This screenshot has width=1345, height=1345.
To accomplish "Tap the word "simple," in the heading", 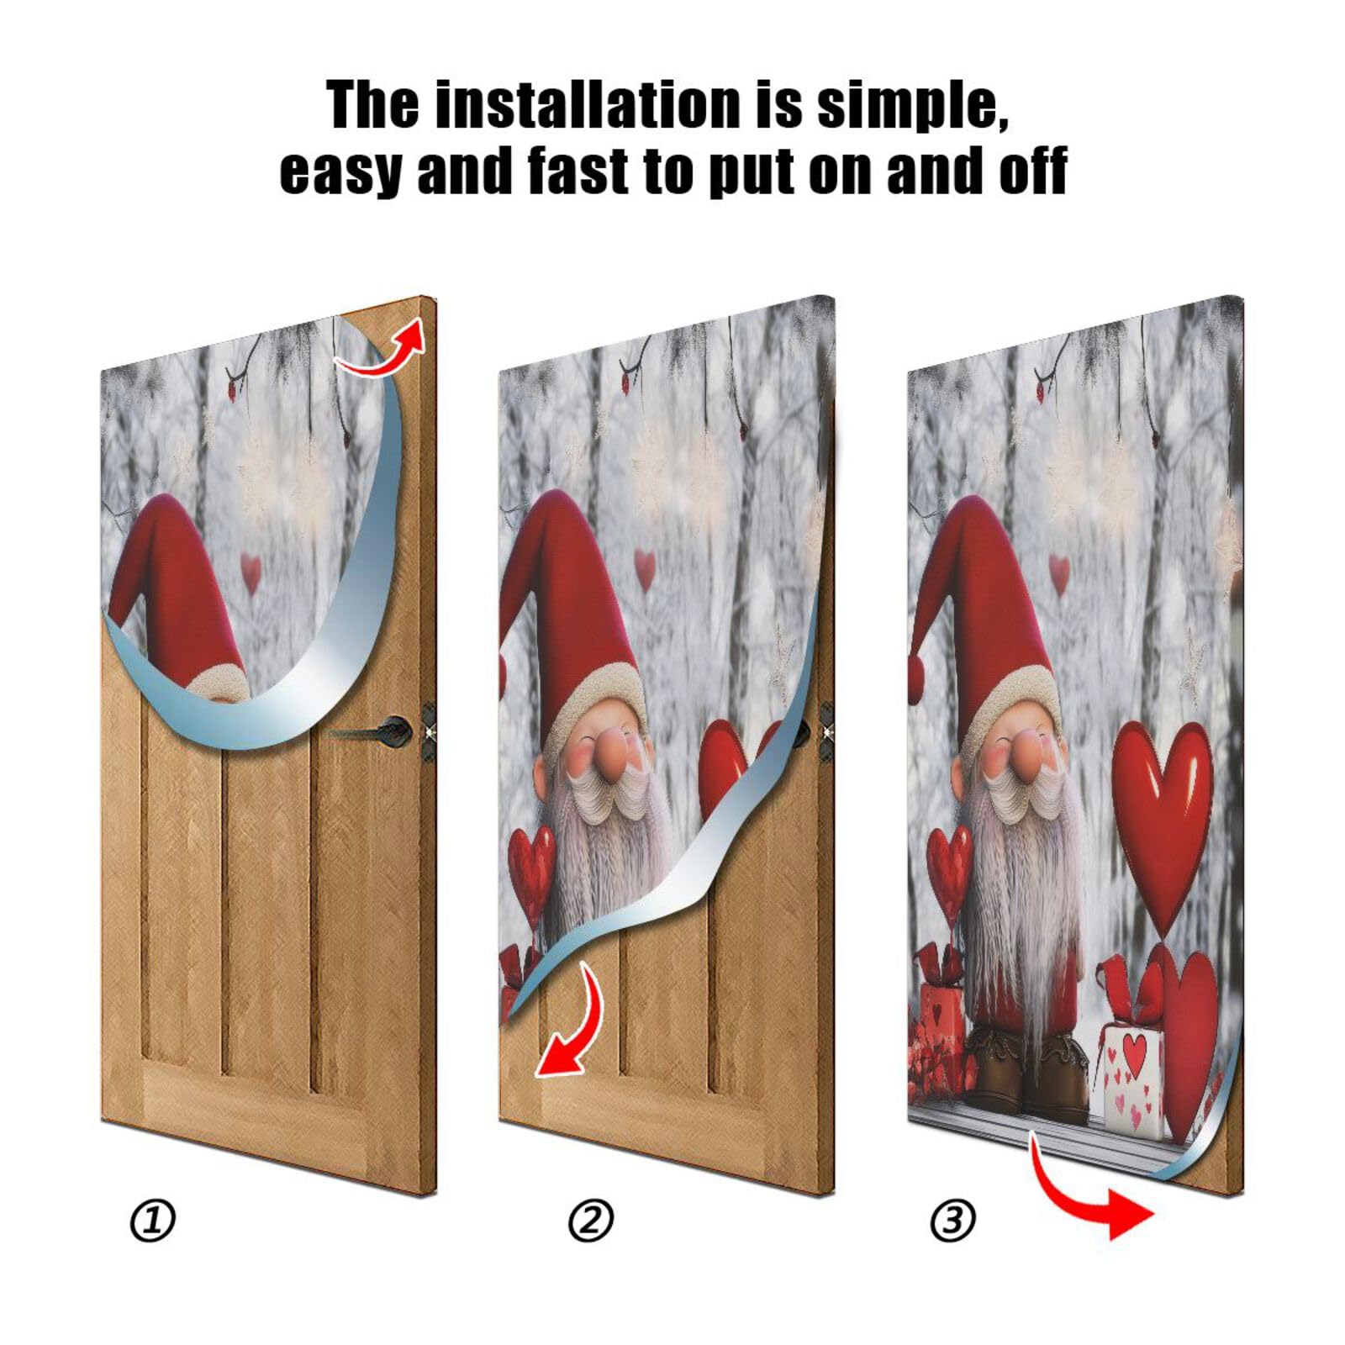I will coord(912,105).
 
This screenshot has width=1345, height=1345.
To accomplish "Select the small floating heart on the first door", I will coord(251,572).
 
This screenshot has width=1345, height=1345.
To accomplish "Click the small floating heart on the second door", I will coord(644,568).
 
